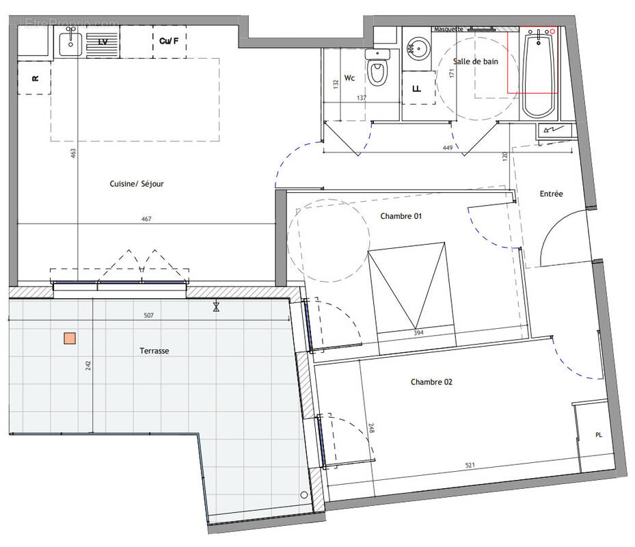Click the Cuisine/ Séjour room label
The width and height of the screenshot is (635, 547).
[x=137, y=184]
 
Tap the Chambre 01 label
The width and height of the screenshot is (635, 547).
[x=401, y=216]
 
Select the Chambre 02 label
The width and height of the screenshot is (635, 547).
[x=431, y=382]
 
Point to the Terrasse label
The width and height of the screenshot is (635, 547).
[x=154, y=351]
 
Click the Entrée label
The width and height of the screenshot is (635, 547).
[x=551, y=194]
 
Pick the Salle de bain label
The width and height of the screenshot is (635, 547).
[x=476, y=62]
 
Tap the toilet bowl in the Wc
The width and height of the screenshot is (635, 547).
[x=376, y=71]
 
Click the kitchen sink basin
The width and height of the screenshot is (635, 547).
[x=70, y=44]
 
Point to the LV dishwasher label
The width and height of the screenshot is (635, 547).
[x=103, y=42]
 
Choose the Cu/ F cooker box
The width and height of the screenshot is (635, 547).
[x=169, y=42]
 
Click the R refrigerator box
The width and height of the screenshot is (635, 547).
[x=36, y=79]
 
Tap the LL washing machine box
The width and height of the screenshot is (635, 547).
[x=417, y=89]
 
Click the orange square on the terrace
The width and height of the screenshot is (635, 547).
[x=69, y=338]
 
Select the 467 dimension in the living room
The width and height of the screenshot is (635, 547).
[x=146, y=219]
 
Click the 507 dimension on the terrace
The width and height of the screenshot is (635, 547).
[x=149, y=316]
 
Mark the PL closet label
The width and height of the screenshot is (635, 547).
[x=599, y=435]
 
